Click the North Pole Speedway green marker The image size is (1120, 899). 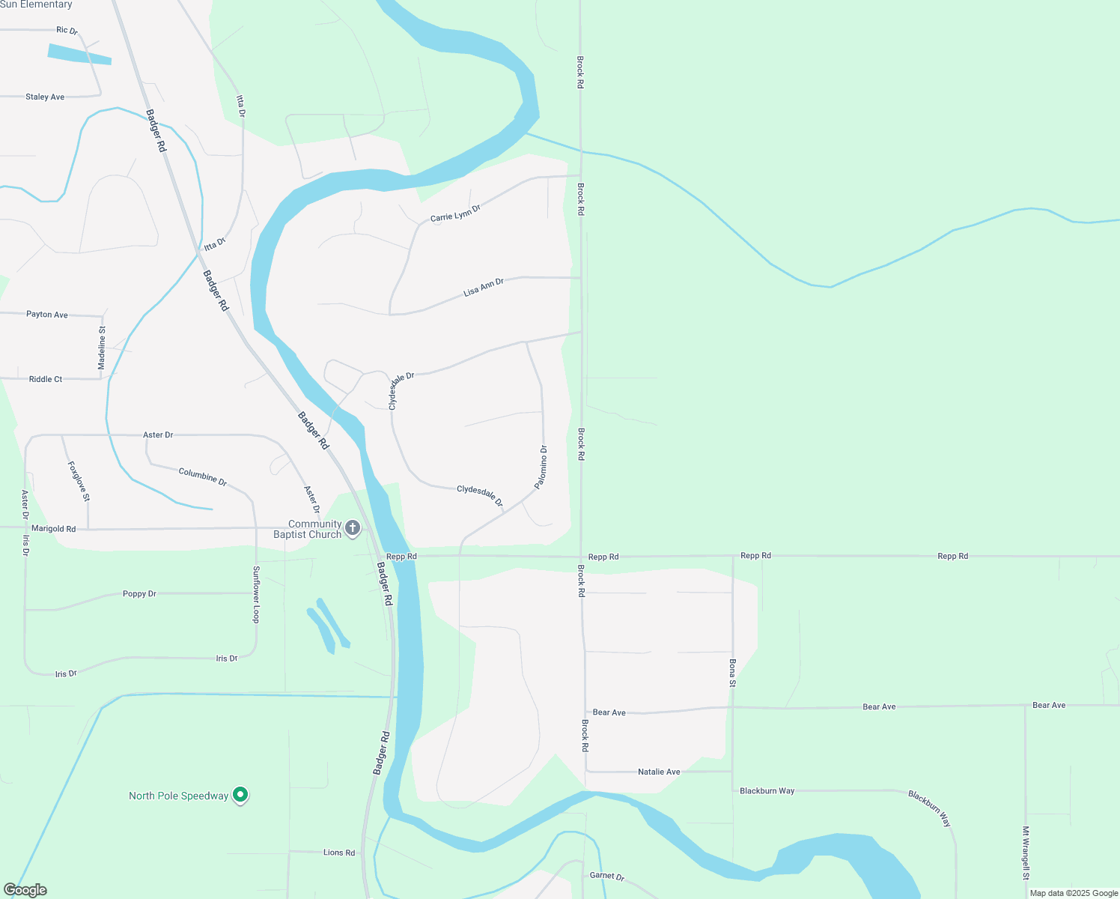click(x=240, y=794)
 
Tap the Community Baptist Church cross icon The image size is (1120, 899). click(x=353, y=528)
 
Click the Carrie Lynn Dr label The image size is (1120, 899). click(x=455, y=213)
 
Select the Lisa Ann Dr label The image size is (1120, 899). click(x=484, y=287)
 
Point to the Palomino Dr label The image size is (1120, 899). click(x=541, y=467)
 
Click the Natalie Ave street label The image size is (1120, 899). click(x=659, y=772)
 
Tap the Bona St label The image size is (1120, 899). click(x=733, y=673)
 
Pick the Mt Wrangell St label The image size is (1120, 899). click(x=1026, y=853)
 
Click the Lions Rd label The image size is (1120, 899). click(x=339, y=853)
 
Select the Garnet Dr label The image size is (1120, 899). click(x=607, y=875)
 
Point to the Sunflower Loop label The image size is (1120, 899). click(x=256, y=594)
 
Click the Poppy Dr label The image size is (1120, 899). click(x=139, y=594)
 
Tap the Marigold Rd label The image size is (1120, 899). click(x=53, y=529)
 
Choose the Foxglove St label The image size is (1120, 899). click(x=79, y=480)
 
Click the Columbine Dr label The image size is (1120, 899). click(x=203, y=476)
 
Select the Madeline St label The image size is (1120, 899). click(x=102, y=348)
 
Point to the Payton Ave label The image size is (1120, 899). click(x=47, y=315)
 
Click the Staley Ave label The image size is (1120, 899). click(x=45, y=97)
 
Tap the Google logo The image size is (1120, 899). click(x=25, y=890)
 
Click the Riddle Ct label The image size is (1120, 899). click(x=46, y=379)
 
